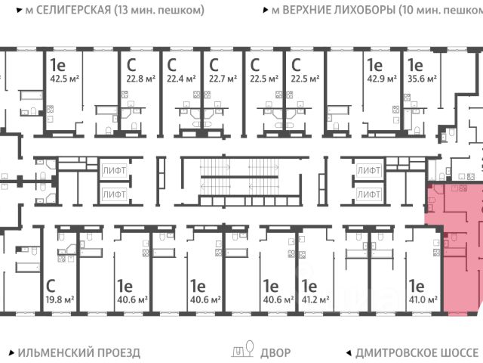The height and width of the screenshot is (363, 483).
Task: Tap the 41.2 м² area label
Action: click(316, 299)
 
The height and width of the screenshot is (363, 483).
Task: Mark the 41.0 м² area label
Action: click(423, 299)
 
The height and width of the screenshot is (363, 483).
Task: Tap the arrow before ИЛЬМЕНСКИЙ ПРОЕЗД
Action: click(11, 352)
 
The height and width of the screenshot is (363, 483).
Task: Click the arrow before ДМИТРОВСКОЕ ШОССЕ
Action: click(348, 352)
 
